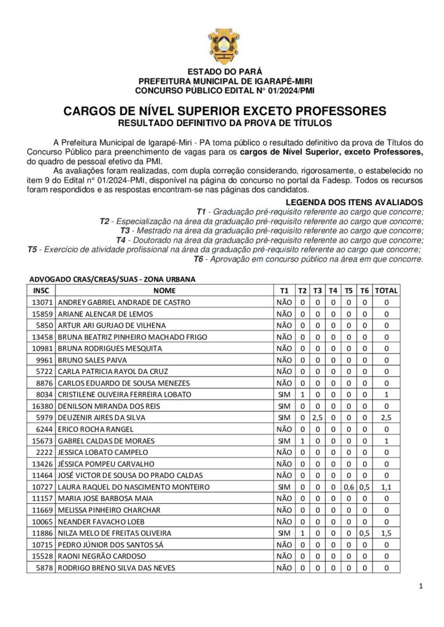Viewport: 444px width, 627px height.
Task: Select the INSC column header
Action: coord(41,291)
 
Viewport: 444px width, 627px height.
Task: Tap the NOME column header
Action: coord(164,291)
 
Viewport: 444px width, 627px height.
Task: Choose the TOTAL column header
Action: coord(386,291)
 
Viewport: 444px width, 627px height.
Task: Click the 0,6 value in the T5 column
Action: coord(348,487)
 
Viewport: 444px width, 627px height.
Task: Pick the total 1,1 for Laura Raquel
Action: coord(386,487)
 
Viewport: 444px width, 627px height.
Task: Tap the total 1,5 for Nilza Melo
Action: coord(386,533)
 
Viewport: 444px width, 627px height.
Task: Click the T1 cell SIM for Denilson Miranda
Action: coord(284,406)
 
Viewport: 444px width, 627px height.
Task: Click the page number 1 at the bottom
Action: coord(421,587)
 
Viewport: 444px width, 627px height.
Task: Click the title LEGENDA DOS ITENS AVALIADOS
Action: coord(354,202)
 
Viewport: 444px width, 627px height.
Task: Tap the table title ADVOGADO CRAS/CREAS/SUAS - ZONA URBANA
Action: coord(112,279)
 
